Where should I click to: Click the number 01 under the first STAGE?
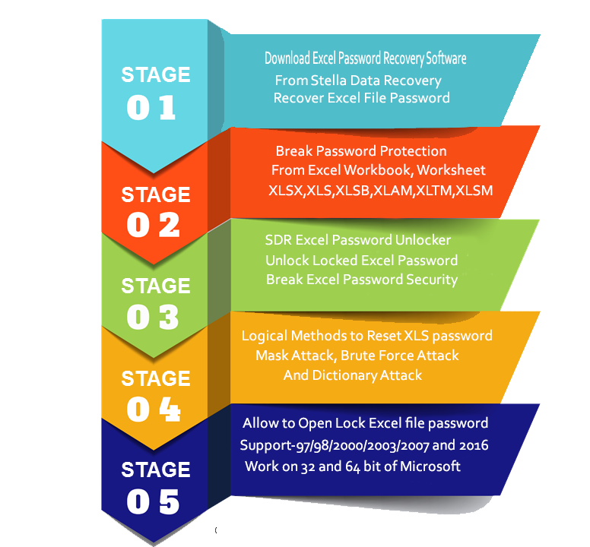coord(151,106)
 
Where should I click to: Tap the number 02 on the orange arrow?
coord(153,225)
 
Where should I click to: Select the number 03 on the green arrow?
coord(152,317)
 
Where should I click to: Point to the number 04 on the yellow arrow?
coord(153,409)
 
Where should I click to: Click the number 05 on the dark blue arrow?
coord(152,502)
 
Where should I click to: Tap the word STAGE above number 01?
coord(155,74)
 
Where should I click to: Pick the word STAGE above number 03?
coord(155,286)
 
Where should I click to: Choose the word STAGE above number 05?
coord(155,470)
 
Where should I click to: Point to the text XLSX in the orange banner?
coord(285,191)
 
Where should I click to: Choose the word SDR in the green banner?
coord(278,240)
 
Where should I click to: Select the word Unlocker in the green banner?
coord(423,240)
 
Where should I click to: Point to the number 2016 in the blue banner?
coord(473,444)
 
